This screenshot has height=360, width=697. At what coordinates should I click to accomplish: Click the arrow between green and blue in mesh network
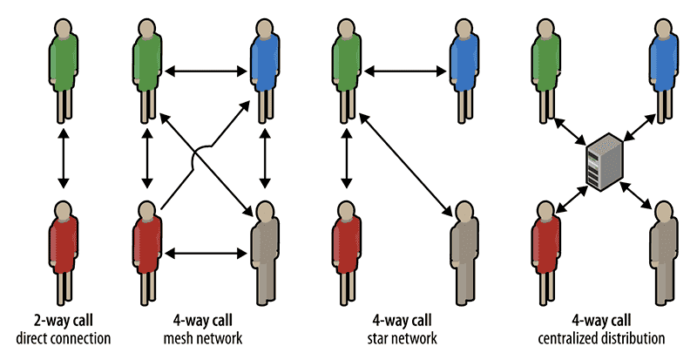coord(205,66)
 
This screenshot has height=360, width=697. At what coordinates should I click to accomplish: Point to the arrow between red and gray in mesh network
coord(205,254)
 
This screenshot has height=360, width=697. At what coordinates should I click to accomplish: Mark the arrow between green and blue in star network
coord(404,66)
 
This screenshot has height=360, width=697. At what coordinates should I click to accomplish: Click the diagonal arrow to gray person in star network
coord(404,166)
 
